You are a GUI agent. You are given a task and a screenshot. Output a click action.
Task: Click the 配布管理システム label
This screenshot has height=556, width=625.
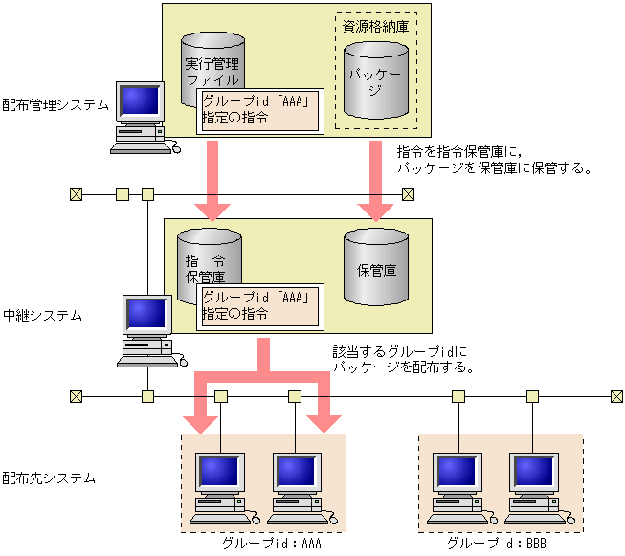pos(56,104)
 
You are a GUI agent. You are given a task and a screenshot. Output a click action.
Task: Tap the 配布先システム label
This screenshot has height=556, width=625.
pos(49,477)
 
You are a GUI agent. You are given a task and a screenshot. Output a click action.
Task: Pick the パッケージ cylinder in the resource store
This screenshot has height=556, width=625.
pos(375,78)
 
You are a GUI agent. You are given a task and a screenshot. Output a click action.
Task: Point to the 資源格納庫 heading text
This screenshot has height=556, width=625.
pos(375,26)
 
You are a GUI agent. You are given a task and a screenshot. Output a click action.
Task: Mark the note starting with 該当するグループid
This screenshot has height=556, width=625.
pos(402,360)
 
